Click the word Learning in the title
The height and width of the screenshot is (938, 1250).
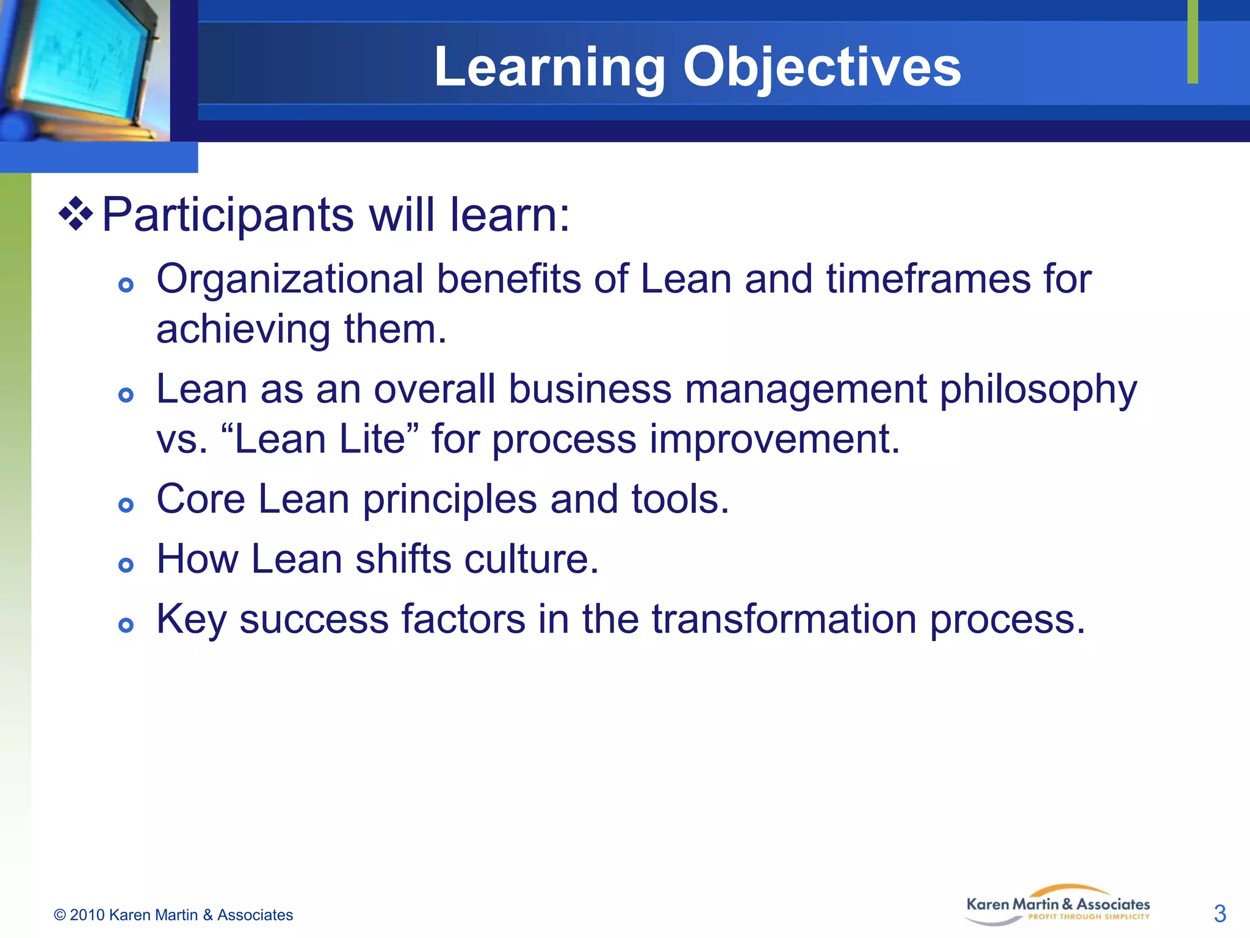549,67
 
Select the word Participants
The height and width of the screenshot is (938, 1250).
227,216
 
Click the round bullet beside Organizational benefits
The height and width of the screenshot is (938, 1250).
126,285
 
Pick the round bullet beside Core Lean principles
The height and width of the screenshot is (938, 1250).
126,504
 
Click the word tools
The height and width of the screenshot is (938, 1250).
679,500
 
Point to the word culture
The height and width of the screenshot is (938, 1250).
530,559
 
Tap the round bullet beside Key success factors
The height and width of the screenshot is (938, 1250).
126,625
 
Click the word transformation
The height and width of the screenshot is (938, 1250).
784,620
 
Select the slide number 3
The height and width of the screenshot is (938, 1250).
1219,914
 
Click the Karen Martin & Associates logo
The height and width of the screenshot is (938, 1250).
1057,906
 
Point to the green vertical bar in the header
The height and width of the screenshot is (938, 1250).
1193,42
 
